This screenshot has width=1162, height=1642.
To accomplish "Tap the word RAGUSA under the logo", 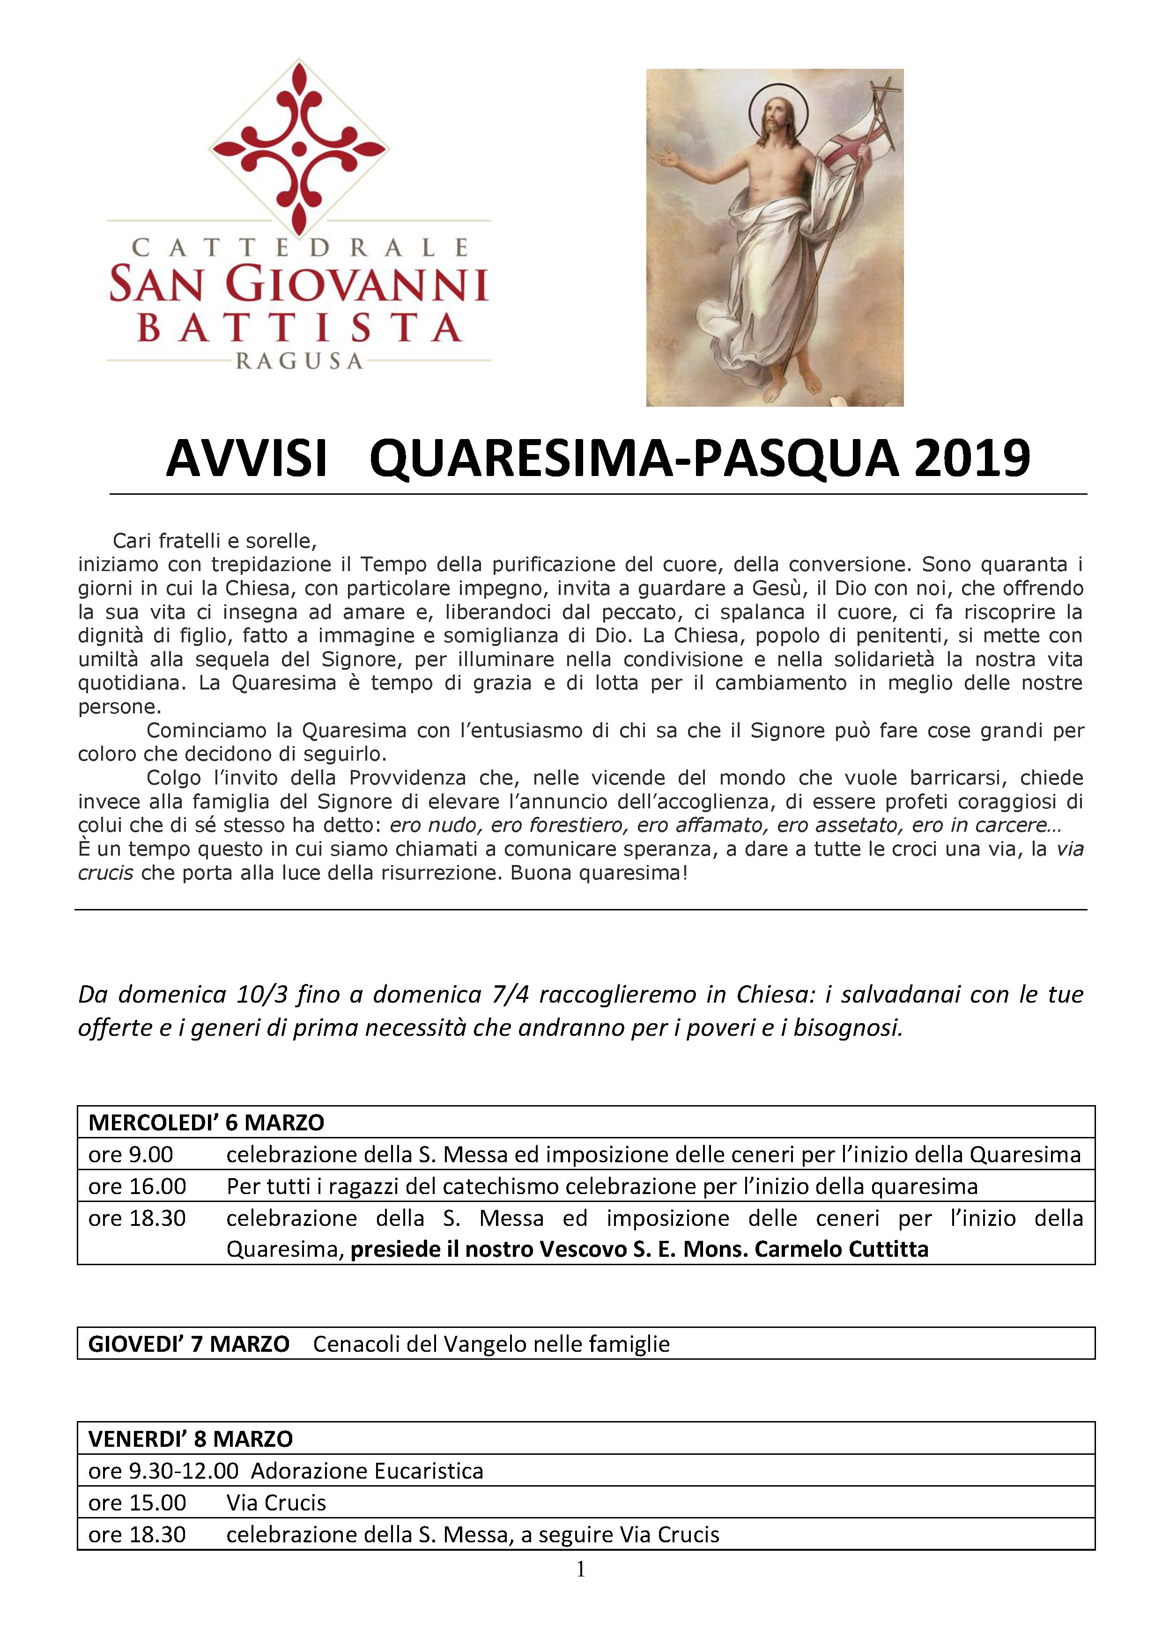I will [x=299, y=362].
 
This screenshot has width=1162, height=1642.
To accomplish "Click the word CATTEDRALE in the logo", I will [x=299, y=248].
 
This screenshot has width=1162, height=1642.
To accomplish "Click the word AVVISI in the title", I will [x=246, y=458].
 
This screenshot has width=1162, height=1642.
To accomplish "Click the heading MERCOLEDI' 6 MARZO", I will [x=206, y=1122].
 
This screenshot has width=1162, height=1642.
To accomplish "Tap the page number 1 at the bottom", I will [x=581, y=1569].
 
